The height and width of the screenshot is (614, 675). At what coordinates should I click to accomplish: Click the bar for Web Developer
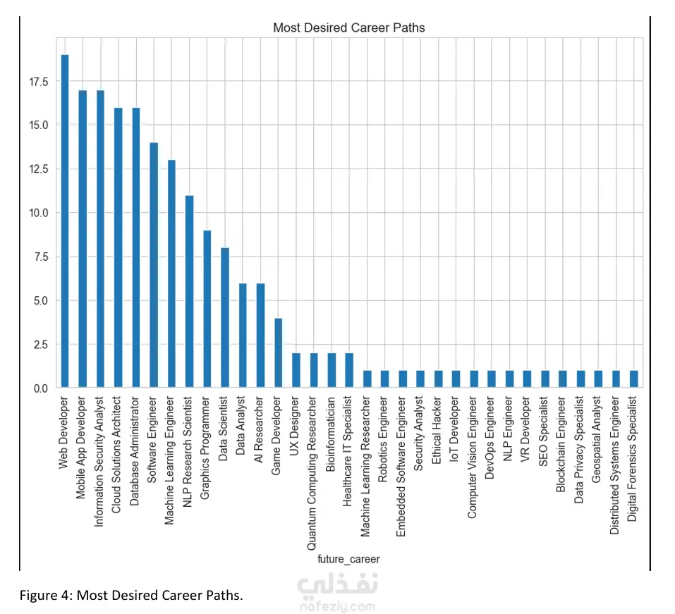click(65, 221)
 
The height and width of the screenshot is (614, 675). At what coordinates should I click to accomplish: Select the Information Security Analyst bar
click(100, 239)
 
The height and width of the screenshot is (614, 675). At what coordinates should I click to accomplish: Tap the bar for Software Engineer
click(154, 265)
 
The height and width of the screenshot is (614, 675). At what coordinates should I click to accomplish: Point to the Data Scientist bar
click(224, 317)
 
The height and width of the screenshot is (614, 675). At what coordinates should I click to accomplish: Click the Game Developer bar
click(278, 352)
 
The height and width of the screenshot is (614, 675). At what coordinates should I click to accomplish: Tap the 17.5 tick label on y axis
click(39, 82)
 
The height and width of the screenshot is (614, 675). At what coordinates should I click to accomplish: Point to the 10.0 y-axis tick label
click(39, 213)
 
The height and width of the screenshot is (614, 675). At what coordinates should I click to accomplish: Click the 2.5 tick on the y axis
click(42, 345)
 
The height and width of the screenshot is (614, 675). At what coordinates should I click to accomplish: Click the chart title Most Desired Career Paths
click(348, 28)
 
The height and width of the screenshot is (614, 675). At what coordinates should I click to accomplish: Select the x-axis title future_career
click(348, 559)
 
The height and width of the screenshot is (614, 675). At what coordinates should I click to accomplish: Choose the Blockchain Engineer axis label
click(562, 443)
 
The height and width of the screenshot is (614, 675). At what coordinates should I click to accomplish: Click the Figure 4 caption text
click(131, 596)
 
